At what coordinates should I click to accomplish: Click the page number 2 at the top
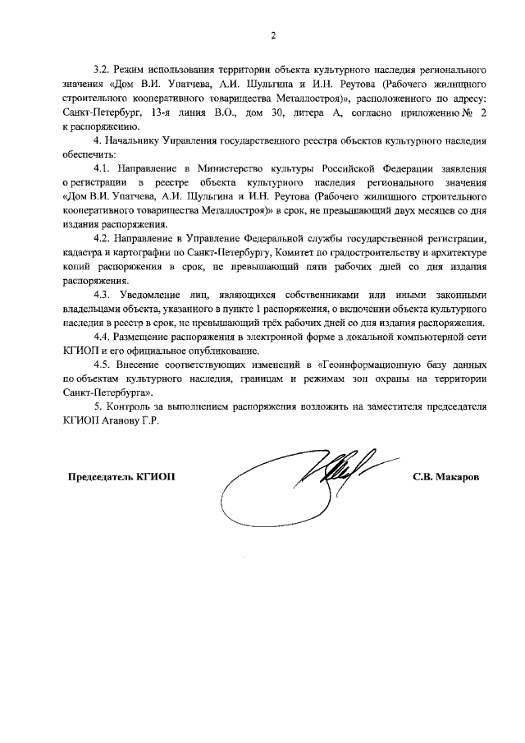(275, 34)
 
